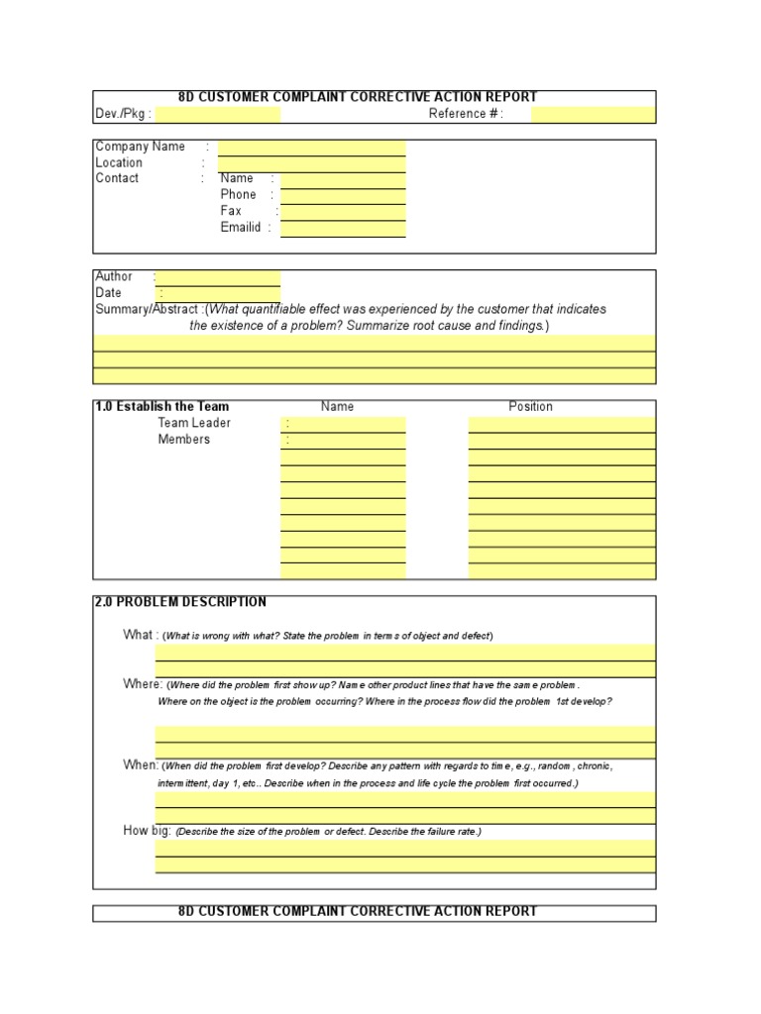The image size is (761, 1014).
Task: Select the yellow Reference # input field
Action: (x=593, y=115)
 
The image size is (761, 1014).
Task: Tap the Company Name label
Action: (x=140, y=147)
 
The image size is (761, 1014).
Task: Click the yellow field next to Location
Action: (x=311, y=163)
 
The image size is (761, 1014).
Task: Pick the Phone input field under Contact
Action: (x=343, y=196)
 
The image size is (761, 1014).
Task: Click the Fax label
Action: (x=231, y=211)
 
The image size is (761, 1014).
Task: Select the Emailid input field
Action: (x=343, y=228)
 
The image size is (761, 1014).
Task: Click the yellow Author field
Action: (x=218, y=278)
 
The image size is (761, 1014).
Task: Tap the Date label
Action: (x=109, y=293)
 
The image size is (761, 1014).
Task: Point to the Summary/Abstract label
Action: (x=147, y=309)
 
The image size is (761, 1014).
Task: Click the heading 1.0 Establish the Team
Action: (x=162, y=407)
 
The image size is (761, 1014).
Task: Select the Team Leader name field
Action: (x=343, y=424)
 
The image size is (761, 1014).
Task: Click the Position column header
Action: (x=530, y=407)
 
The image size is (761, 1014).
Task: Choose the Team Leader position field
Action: (x=561, y=424)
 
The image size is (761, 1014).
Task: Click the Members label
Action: (x=184, y=440)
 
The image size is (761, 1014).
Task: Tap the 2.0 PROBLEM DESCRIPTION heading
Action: (x=180, y=602)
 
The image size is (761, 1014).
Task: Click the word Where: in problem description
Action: (x=143, y=684)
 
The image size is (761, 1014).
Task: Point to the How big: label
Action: (x=147, y=831)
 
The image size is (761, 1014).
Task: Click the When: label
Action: (x=141, y=765)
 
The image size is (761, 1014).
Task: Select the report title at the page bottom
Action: (x=358, y=912)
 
